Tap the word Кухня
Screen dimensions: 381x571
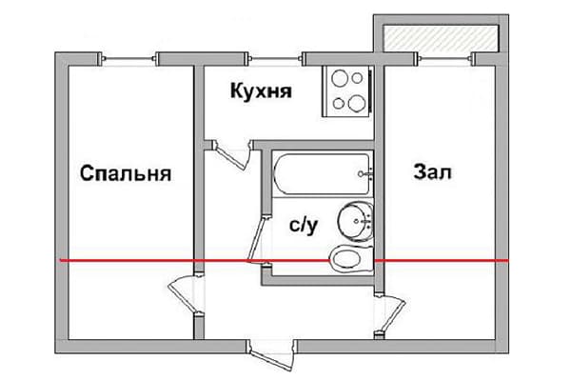[x=260, y=92]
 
